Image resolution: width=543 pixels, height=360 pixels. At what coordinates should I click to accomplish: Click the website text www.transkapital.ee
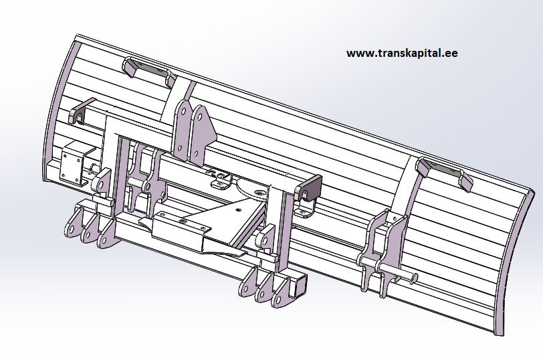402,53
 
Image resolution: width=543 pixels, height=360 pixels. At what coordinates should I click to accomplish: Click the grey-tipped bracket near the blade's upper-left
81,110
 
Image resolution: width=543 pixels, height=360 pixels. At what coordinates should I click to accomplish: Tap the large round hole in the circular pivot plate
259,192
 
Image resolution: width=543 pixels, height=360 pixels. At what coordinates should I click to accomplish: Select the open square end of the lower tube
299,286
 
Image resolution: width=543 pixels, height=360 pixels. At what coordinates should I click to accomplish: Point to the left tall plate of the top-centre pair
181,130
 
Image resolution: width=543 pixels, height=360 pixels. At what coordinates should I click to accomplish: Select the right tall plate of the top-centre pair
202,134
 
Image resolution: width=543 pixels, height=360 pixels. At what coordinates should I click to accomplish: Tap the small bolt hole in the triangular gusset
237,209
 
